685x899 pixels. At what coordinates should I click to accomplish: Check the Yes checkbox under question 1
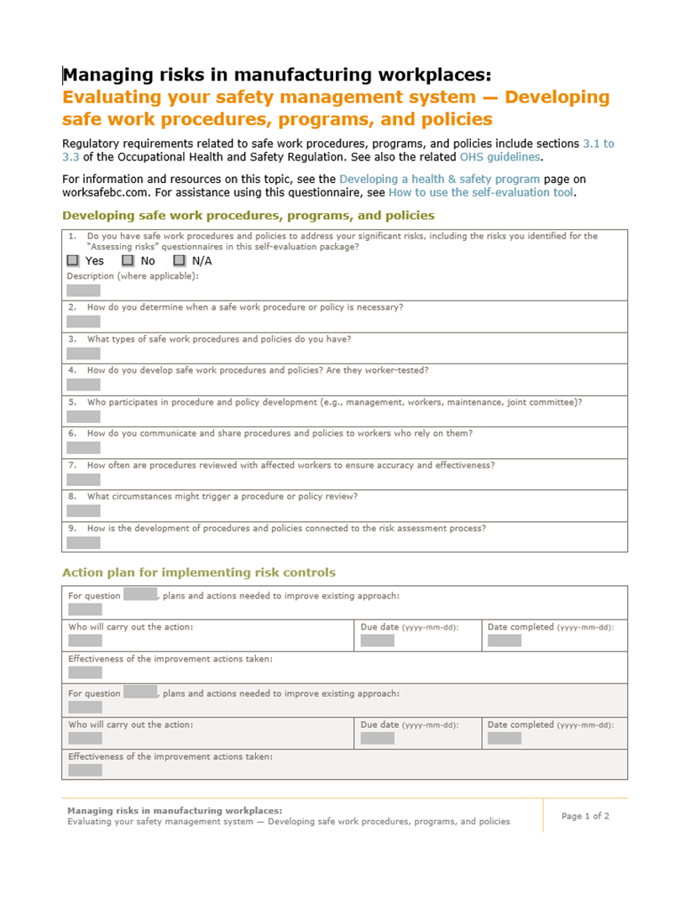coord(73,261)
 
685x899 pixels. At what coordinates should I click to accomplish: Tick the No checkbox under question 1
coord(128,261)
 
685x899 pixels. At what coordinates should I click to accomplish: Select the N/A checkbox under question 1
coord(179,261)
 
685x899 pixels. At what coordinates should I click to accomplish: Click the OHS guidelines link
coord(494,157)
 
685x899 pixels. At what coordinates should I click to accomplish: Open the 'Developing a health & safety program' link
coord(439,179)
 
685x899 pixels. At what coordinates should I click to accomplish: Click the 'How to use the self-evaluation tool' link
coord(481,192)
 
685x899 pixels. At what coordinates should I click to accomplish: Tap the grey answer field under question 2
coord(83,321)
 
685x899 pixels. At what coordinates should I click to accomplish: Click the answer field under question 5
coord(83,416)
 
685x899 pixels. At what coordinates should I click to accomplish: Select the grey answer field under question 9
coord(83,542)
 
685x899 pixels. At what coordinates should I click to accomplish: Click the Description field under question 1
coord(83,290)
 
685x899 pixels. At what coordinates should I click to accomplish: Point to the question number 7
coord(73,465)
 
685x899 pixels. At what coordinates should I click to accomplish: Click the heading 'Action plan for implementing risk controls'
coord(198,572)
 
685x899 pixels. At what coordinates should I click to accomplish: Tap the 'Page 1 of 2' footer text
coord(585,816)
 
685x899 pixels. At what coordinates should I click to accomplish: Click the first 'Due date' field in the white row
coord(377,640)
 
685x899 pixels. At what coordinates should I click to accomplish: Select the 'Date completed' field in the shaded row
coord(504,738)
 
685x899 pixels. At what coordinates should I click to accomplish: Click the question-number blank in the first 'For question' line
coord(140,595)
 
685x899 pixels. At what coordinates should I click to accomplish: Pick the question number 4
coord(73,370)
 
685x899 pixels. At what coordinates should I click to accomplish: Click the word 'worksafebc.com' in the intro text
coord(102,192)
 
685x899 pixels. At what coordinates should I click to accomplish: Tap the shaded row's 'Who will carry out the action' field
coord(85,738)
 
